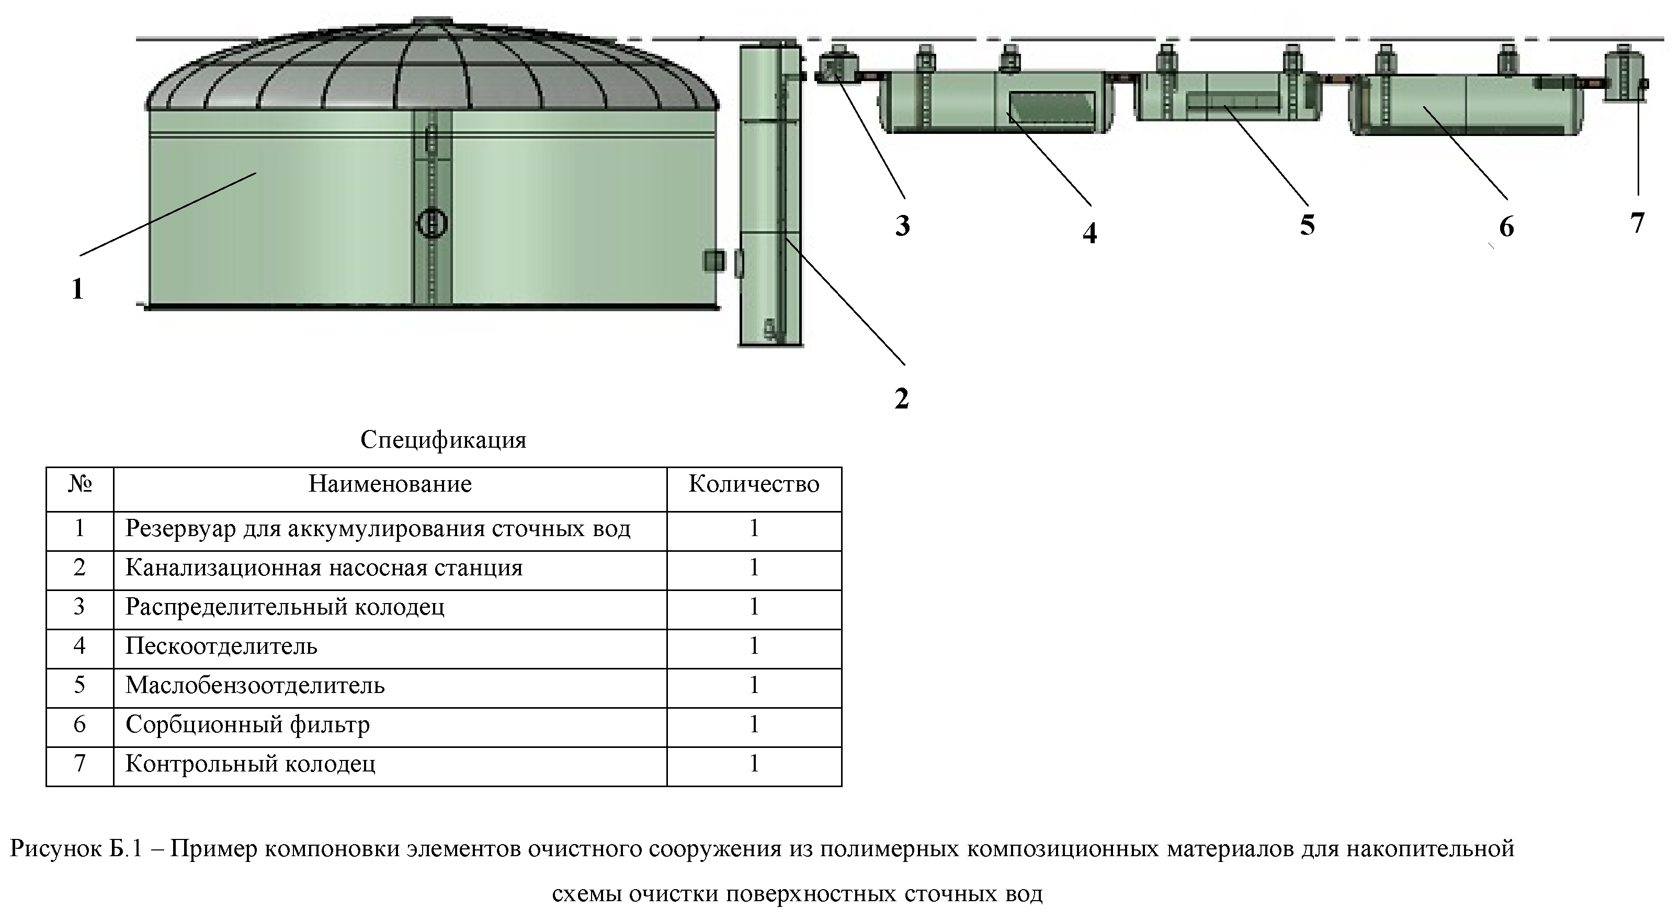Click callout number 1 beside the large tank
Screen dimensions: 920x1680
(x=77, y=288)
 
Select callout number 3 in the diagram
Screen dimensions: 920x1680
(x=902, y=225)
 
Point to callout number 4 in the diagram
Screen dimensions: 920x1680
(x=1089, y=233)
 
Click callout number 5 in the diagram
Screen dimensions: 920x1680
(x=1307, y=225)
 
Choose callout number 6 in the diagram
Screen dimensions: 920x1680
(x=1506, y=226)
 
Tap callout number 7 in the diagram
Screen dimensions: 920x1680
(x=1638, y=222)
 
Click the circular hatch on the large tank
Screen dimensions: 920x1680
(x=432, y=224)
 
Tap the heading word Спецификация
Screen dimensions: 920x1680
(x=443, y=440)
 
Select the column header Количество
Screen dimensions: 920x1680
(x=753, y=484)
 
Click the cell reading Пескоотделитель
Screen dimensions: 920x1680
(x=221, y=646)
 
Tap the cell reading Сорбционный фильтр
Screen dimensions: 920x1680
(x=247, y=724)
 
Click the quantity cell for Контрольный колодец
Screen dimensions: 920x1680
(x=753, y=764)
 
